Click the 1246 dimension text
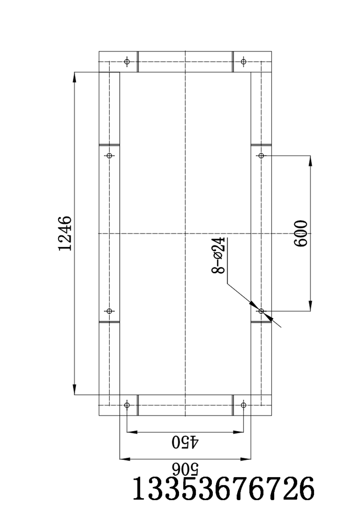tap(65, 234)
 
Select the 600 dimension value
tap(300, 233)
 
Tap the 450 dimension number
tap(185, 442)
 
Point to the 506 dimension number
tap(185, 468)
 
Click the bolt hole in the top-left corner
tap(127, 61)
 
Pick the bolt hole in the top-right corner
tap(243, 61)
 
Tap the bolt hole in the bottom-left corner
tap(127, 405)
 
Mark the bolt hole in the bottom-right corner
tap(243, 405)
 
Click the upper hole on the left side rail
tap(109, 156)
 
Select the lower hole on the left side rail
tap(109, 311)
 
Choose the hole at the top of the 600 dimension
tap(261, 156)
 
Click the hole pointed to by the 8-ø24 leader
tap(261, 311)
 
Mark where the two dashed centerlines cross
tap(185, 234)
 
